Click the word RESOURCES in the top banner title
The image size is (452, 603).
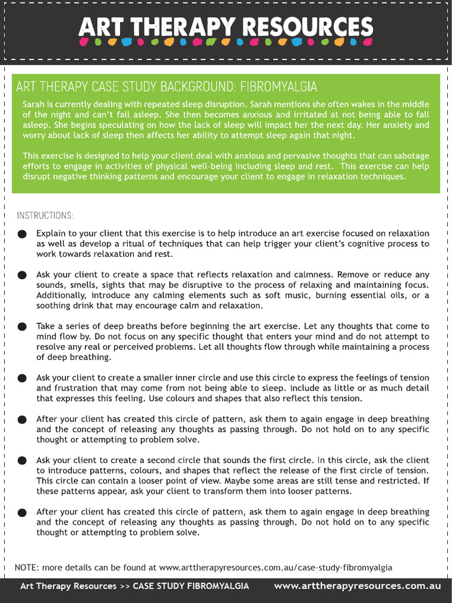[308, 27]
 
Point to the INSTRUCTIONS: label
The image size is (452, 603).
[45, 215]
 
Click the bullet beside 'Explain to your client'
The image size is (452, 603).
[22, 234]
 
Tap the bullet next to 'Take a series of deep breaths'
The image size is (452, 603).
[22, 327]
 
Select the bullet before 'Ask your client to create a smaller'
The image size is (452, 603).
[22, 379]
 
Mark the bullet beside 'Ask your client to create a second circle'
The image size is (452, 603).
[22, 460]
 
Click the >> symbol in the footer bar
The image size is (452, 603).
[124, 586]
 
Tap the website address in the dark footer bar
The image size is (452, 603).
[357, 586]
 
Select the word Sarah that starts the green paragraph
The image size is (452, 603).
[34, 104]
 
